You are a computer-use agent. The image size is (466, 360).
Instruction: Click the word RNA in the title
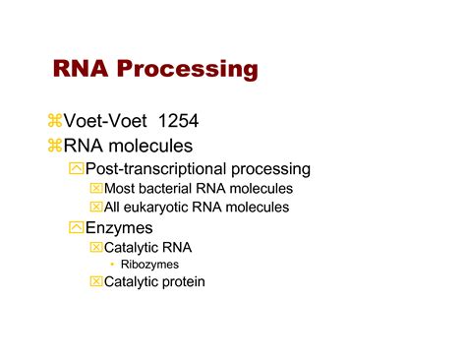81,69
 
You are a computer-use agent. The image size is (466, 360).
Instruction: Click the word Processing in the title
187,70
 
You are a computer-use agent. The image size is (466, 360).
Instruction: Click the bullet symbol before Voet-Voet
54,121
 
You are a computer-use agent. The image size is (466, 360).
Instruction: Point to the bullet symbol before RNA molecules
54,147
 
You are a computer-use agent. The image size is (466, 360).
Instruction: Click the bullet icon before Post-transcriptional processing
77,169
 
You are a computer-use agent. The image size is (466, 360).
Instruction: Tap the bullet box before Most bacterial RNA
96,189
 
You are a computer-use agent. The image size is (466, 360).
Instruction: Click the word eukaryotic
160,208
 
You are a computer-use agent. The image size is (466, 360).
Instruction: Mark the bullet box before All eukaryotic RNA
96,208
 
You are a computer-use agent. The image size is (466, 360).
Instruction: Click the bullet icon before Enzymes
77,228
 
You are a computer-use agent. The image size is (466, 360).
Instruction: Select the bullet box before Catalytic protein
96,282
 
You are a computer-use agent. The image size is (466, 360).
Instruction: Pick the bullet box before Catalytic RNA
96,248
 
